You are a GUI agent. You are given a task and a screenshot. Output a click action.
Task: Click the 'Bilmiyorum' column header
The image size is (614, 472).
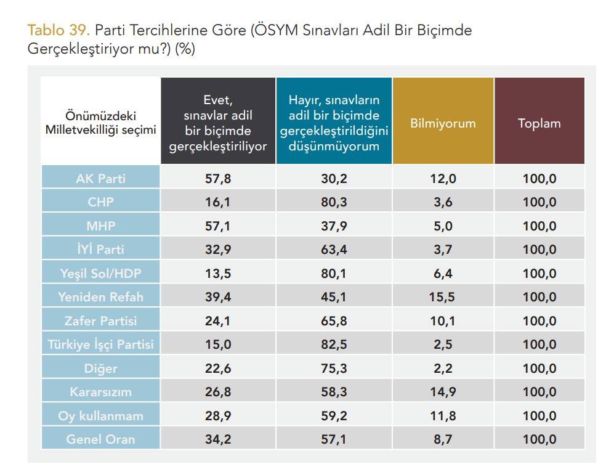443,123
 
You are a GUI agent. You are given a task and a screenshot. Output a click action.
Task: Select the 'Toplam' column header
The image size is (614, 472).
539,123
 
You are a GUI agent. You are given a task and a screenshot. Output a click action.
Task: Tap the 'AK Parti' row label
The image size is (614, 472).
100,179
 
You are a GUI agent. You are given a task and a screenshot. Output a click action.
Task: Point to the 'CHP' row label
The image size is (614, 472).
100,202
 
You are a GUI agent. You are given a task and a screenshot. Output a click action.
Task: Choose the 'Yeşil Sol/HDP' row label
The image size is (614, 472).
100,274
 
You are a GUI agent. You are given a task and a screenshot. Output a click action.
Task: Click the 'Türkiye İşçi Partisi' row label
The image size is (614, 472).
100,344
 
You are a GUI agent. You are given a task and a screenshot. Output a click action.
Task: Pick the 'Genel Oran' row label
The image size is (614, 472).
100,439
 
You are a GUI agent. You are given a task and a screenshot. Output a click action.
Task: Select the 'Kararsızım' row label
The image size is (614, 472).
100,392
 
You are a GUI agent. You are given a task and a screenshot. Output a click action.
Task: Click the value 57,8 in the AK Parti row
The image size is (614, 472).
218,179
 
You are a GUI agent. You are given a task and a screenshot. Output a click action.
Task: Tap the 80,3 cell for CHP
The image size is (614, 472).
334,202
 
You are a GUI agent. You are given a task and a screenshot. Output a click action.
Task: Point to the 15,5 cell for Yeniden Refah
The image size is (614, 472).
443,297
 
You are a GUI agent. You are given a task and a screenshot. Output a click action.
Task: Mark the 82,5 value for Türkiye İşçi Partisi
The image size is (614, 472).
334,344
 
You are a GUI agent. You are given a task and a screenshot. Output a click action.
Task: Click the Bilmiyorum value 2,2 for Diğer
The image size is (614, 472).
443,368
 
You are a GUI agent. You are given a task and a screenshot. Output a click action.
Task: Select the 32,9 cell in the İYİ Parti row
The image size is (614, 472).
218,250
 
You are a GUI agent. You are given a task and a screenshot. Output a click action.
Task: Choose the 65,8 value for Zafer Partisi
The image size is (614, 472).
334,321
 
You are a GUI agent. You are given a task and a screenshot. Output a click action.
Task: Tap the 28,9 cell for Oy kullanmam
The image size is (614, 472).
218,416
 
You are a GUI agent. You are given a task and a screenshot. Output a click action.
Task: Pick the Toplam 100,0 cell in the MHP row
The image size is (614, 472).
539,226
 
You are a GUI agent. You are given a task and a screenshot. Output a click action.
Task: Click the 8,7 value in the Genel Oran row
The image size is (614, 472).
443,439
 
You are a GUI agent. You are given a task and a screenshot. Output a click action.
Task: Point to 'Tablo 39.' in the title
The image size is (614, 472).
59,30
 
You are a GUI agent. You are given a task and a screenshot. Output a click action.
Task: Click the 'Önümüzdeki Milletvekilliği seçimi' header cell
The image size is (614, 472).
100,123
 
